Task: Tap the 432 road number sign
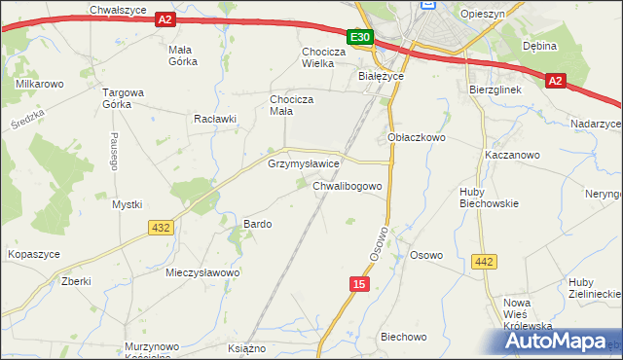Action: coord(162,227)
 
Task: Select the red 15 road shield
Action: coord(359,283)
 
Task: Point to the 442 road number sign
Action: coord(484,261)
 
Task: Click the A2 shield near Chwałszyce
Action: coord(165,19)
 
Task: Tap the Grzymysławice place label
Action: coord(303,164)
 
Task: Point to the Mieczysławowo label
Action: coord(202,272)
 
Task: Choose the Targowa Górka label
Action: coord(124,99)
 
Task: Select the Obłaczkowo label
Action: coord(416,138)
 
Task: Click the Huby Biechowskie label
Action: coord(490,198)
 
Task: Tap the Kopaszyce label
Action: coord(34,254)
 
